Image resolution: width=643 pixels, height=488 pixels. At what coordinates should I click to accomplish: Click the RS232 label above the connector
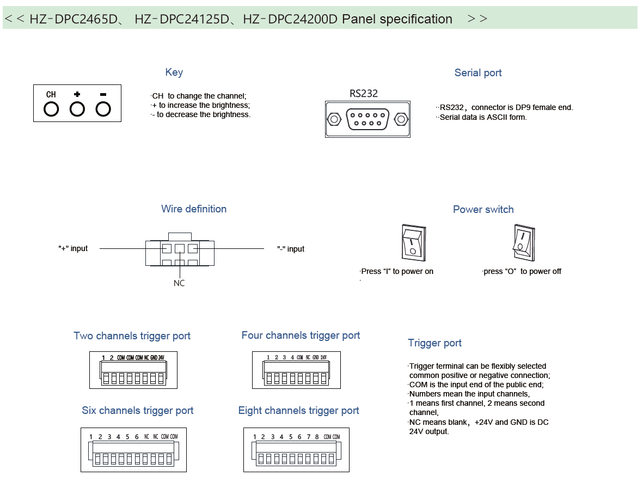(x=363, y=94)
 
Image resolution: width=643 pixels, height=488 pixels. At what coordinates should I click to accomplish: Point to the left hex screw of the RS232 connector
(x=334, y=119)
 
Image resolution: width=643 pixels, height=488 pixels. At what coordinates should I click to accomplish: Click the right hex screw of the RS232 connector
(x=401, y=119)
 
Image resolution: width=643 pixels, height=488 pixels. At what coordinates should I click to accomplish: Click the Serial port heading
(x=477, y=73)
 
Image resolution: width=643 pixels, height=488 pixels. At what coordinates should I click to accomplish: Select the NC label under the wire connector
(x=179, y=283)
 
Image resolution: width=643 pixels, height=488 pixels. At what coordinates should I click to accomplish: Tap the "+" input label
(x=73, y=248)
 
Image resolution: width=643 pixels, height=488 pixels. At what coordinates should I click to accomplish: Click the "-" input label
(x=291, y=249)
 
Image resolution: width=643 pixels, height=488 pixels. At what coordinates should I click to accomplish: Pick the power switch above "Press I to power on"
(x=414, y=243)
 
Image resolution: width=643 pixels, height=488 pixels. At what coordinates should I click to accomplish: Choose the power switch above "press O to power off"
(x=524, y=243)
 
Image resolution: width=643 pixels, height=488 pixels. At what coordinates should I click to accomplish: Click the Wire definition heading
(x=194, y=209)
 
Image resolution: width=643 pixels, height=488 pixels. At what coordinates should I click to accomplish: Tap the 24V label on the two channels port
(x=161, y=358)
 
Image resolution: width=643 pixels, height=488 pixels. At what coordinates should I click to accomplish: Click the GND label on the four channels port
(x=316, y=358)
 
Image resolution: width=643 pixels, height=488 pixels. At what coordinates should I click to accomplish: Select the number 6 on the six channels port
(x=137, y=437)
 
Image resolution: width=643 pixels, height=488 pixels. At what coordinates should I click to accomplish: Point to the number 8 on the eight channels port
(x=317, y=437)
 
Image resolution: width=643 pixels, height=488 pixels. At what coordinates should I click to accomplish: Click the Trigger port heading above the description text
(x=434, y=343)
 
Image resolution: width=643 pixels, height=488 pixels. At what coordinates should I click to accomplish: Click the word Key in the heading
(x=174, y=72)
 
